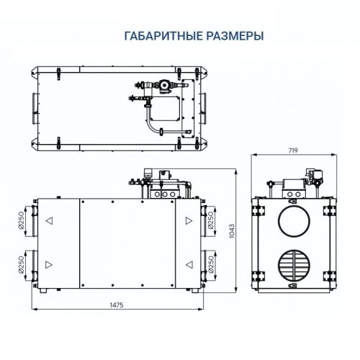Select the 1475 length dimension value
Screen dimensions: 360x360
click(117, 305)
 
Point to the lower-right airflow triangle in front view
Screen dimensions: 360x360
click(187, 264)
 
